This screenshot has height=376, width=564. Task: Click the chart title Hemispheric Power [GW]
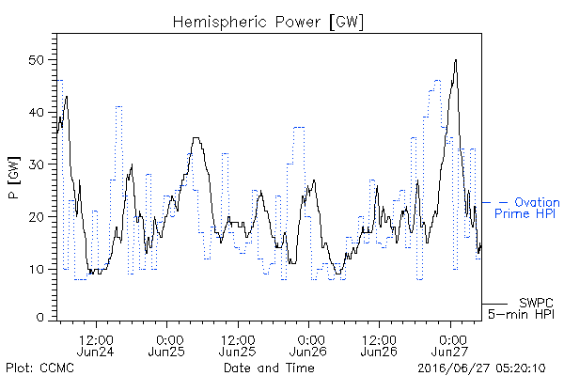pos(268,23)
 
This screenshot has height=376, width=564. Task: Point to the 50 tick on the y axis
pos(36,60)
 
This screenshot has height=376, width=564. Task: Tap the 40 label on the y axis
pos(36,112)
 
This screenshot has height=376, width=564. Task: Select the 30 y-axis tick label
pos(36,164)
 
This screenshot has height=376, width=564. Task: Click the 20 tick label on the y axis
pos(36,217)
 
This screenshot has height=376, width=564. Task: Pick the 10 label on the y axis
pos(36,269)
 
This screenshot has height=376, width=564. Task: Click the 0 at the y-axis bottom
pos(39,318)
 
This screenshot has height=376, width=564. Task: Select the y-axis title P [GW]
pos(14,178)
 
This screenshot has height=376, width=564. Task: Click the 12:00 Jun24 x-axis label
pos(96,345)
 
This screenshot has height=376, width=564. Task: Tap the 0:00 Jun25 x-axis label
pos(166,345)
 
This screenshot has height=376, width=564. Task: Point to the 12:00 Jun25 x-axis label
pos(238,345)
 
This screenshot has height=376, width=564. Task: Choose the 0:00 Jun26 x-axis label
pos(308,345)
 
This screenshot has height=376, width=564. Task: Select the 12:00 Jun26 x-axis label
pos(379,345)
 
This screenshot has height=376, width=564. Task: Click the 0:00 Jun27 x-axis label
pos(450,345)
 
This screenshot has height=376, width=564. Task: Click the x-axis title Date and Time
pos(269,368)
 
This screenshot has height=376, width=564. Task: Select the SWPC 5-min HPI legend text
pos(521,308)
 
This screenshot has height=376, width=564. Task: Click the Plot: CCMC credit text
pos(39,368)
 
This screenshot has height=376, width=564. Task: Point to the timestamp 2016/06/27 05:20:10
pos(481,368)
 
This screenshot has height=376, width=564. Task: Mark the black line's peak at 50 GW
pos(456,60)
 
